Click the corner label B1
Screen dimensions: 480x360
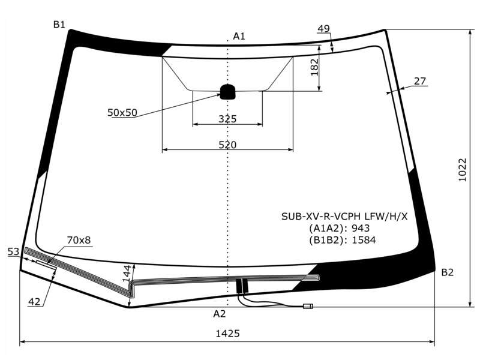coord(59,25)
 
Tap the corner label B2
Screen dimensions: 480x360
coord(447,272)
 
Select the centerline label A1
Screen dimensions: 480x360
coord(239,37)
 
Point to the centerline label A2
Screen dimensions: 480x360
coord(220,314)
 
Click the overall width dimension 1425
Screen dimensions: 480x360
coord(228,334)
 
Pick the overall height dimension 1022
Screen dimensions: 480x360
coord(462,170)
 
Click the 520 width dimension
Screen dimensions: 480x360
coord(227,145)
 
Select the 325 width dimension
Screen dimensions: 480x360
coord(227,119)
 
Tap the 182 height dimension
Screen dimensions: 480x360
coord(314,67)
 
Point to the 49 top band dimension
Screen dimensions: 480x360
coord(323,29)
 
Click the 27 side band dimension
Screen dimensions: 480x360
coord(420,81)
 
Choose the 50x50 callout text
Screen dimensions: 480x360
coord(122,113)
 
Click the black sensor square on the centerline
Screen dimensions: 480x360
coord(228,92)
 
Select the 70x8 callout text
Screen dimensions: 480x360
coord(79,241)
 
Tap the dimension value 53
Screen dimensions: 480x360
coord(13,252)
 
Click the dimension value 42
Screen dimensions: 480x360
coord(34,302)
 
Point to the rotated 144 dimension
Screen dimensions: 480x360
coord(127,274)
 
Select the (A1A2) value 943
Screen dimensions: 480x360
coord(361,229)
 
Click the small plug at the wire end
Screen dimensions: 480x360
coord(308,306)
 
